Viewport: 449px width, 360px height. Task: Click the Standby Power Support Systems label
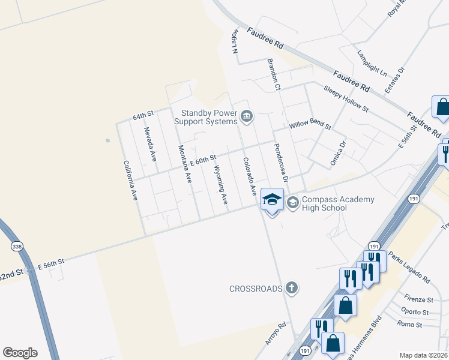[206, 117]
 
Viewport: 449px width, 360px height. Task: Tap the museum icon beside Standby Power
[246, 115]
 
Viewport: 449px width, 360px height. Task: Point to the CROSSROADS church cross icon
[292, 288]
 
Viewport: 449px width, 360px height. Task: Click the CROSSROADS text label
[256, 289]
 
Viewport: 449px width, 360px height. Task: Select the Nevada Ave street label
[149, 144]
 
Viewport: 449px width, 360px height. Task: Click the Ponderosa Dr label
[281, 163]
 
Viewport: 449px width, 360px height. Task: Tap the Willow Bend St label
[310, 125]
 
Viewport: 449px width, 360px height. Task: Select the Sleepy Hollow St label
[346, 98]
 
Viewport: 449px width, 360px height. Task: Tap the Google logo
[20, 353]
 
